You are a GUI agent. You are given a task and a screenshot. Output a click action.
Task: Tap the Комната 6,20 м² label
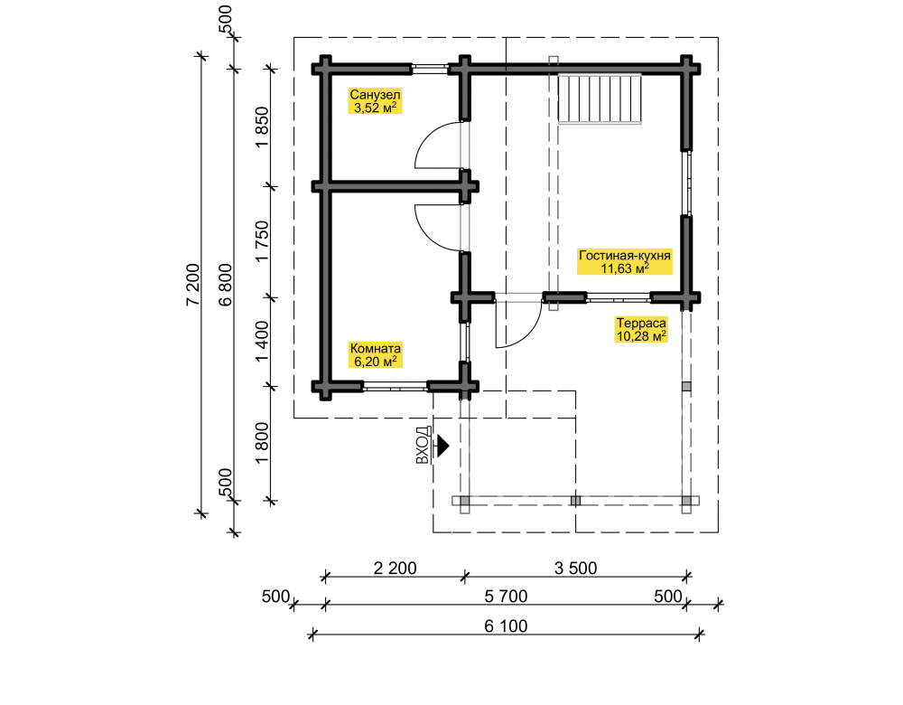pyautogui.click(x=375, y=354)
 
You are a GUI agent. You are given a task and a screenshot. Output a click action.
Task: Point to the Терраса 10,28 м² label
pyautogui.click(x=641, y=329)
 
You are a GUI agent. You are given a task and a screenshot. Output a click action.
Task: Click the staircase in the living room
pyautogui.click(x=600, y=98)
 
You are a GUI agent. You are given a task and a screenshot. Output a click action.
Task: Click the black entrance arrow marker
pyautogui.click(x=442, y=446)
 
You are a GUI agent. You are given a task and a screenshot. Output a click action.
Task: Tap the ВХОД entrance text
pyautogui.click(x=423, y=446)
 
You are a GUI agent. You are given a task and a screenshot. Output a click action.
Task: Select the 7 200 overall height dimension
pyautogui.click(x=192, y=284)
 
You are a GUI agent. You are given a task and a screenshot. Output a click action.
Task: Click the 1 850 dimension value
pyautogui.click(x=262, y=127)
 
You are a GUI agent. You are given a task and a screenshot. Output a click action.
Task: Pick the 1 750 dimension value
pyautogui.click(x=262, y=241)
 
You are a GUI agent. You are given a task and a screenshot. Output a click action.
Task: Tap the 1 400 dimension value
pyautogui.click(x=262, y=342)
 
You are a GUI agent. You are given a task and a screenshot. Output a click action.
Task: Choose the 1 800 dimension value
pyautogui.click(x=262, y=443)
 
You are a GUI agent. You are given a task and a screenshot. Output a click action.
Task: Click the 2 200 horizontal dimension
pyautogui.click(x=396, y=569)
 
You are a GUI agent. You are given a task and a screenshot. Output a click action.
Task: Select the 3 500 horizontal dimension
pyautogui.click(x=576, y=569)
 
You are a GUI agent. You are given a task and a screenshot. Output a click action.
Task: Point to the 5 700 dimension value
pyautogui.click(x=506, y=597)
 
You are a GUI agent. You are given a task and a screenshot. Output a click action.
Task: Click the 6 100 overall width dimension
pyautogui.click(x=506, y=626)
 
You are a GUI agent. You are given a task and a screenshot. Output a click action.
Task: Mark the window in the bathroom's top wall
pyautogui.click(x=430, y=69)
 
